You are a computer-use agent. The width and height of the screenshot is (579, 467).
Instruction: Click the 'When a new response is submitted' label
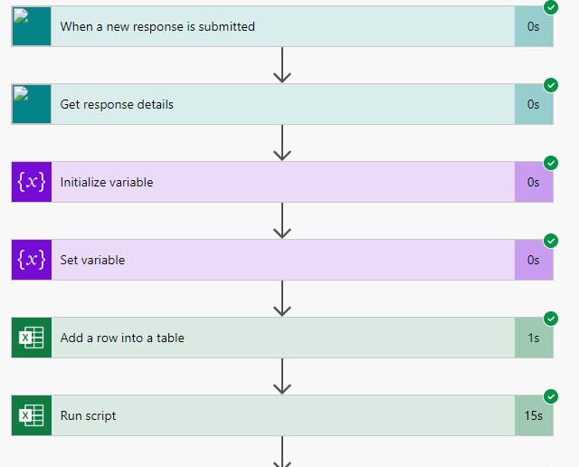157,26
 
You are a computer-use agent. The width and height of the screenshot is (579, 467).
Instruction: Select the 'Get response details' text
117,104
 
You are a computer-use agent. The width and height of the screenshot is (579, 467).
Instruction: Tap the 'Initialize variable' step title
107,182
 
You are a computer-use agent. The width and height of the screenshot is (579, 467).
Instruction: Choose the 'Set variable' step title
93,260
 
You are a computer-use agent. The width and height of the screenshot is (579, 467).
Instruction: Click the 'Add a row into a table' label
122,338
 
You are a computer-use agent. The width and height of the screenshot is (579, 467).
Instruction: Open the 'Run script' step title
89,415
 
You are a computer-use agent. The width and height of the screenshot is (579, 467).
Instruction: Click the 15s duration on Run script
534,416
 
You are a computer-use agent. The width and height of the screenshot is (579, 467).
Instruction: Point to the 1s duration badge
534,338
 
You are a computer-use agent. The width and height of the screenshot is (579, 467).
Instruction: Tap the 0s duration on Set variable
534,261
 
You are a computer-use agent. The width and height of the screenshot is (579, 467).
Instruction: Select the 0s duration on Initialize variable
534,183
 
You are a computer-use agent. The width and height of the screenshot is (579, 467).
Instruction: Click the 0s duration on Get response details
534,105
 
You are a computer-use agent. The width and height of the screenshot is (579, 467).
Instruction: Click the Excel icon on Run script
32,415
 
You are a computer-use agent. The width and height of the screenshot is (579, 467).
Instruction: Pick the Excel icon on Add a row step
32,338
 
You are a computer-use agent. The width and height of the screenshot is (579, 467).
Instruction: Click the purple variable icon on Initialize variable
32,182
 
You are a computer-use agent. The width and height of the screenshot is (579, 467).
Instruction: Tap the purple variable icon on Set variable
32,260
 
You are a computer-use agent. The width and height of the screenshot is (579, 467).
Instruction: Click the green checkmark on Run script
551,396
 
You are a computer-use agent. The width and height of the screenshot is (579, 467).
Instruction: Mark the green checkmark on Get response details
551,85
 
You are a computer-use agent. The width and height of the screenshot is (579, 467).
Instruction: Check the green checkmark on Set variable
551,241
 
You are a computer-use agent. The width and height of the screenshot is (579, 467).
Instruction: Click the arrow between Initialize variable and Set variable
282,220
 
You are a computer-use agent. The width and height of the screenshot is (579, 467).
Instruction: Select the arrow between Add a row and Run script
282,376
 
